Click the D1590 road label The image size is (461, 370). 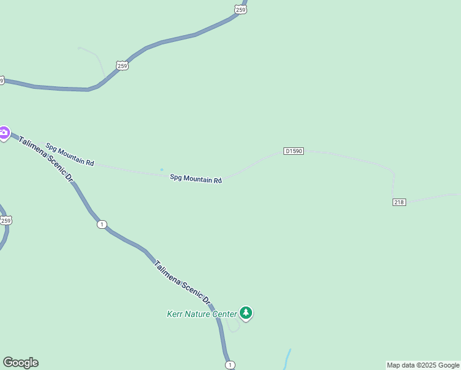click(x=293, y=151)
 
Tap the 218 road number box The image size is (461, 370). click(x=399, y=202)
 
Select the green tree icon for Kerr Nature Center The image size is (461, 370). click(x=247, y=313)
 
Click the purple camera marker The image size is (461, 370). click(x=4, y=133)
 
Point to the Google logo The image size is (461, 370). click(x=20, y=363)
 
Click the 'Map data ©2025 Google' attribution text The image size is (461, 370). click(x=423, y=366)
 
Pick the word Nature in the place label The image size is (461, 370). click(x=198, y=314)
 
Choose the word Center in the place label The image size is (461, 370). click(x=225, y=314)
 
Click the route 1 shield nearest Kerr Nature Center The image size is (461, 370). click(x=230, y=365)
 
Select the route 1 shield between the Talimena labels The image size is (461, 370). click(x=102, y=224)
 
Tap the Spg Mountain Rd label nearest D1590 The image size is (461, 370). click(x=196, y=179)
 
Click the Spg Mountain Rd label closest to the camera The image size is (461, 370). click(x=70, y=154)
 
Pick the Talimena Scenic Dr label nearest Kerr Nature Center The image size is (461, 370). click(x=182, y=282)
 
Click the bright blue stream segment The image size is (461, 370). click(x=287, y=359)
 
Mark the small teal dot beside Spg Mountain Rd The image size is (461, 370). click(x=162, y=170)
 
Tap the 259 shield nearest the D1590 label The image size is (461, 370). click(x=122, y=65)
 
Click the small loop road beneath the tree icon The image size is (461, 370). click(x=233, y=326)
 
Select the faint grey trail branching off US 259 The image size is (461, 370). click(x=92, y=54)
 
